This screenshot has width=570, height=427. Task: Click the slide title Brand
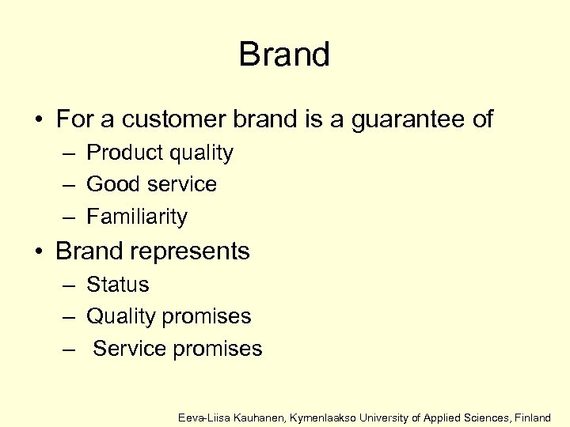pyautogui.click(x=284, y=55)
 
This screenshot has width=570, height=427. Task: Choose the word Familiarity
pyautogui.click(x=136, y=217)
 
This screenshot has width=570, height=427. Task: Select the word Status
pyautogui.click(x=117, y=284)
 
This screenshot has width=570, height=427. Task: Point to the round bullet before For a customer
pyautogui.click(x=38, y=120)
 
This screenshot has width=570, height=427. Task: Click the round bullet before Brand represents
pyautogui.click(x=38, y=252)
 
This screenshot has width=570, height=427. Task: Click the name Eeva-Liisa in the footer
pyautogui.click(x=203, y=417)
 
